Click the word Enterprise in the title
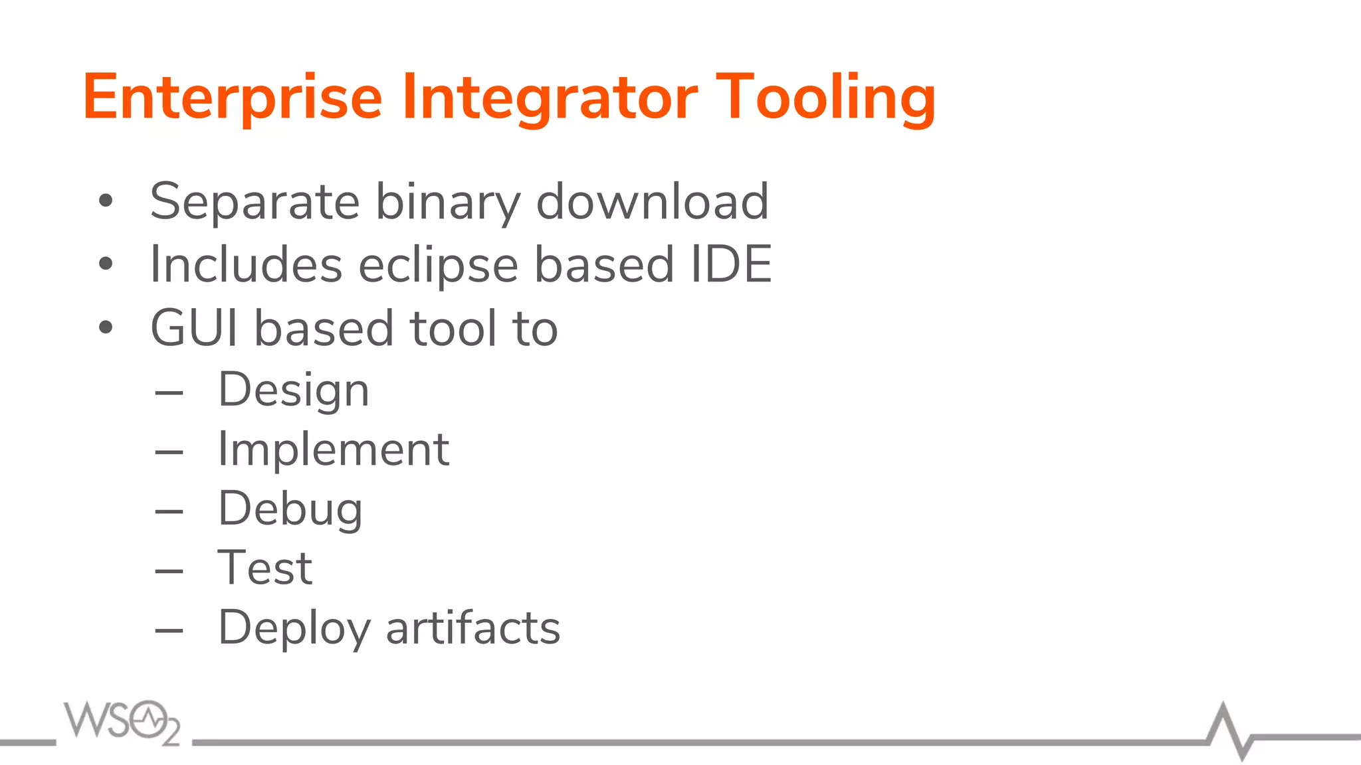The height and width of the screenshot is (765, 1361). [233, 98]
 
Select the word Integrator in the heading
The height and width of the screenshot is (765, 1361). [550, 98]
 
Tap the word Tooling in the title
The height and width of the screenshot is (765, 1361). [825, 98]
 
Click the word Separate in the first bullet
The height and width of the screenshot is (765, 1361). [255, 201]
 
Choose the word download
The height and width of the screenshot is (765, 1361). [652, 201]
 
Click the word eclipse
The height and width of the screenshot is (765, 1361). [439, 265]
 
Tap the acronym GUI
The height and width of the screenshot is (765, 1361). [194, 328]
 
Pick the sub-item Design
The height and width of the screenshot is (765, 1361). [293, 390]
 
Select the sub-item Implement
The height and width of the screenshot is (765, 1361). [334, 450]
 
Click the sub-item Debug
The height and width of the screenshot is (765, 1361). [290, 509]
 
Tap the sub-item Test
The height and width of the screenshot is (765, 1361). [265, 568]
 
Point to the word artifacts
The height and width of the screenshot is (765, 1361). [472, 628]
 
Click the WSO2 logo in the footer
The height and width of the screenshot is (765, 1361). [122, 722]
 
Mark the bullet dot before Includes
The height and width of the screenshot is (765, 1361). [106, 264]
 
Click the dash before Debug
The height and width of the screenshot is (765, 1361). [169, 511]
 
